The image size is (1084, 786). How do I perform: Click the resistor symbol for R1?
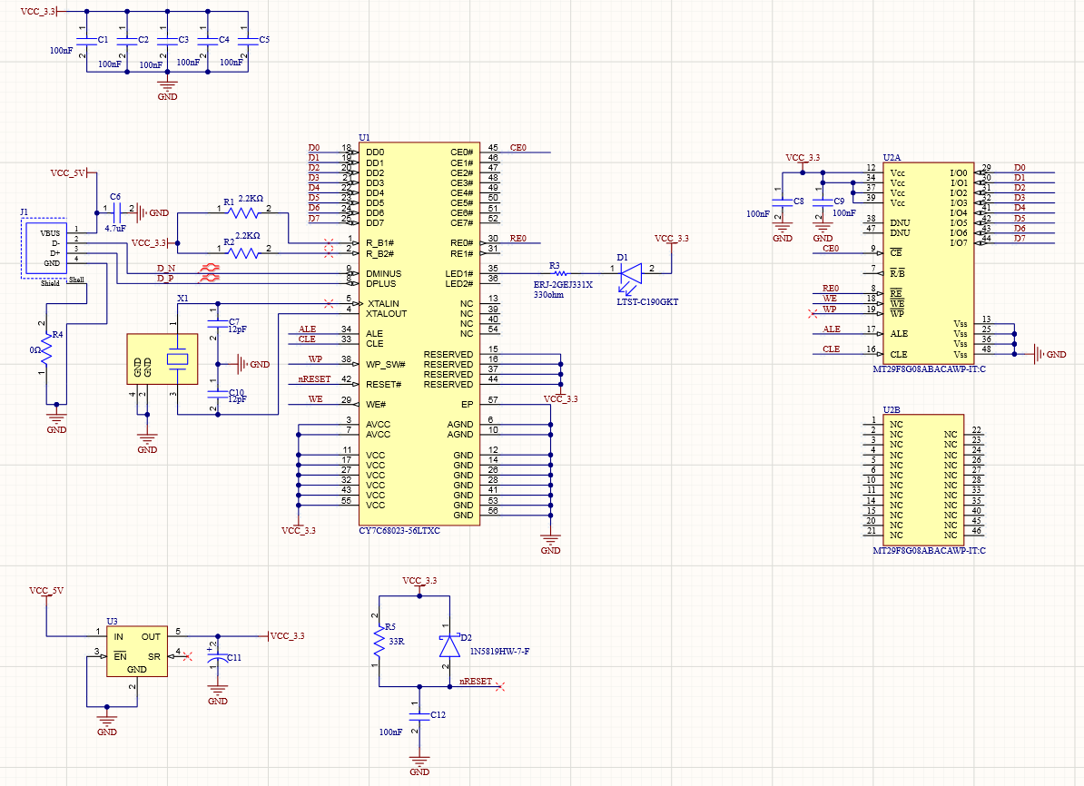[243, 213]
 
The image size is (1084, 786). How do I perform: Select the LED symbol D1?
[632, 271]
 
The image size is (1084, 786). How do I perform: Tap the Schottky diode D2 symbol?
[448, 645]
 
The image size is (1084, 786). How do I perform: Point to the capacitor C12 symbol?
[419, 716]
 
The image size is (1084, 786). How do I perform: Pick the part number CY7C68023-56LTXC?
[399, 531]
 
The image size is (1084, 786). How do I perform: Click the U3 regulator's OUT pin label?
[151, 637]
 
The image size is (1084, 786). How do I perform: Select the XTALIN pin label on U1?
[384, 303]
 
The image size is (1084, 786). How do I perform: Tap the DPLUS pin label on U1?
[383, 283]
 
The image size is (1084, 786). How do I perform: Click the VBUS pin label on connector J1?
[50, 232]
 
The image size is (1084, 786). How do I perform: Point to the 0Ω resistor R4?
[44, 348]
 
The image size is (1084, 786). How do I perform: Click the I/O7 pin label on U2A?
[957, 242]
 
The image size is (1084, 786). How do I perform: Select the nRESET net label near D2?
[476, 681]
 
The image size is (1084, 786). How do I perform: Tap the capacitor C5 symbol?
[247, 41]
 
